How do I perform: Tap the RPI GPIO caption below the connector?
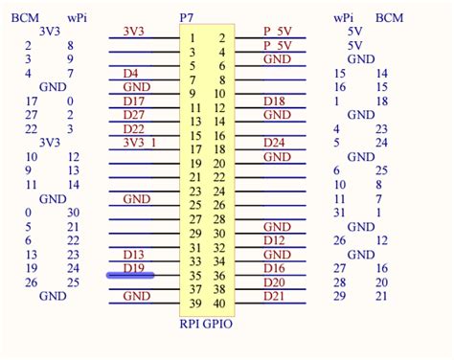206,324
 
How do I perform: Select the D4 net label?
132,73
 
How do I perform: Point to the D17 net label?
134,101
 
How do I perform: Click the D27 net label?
134,115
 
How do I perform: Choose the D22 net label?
134,129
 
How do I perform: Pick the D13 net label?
134,255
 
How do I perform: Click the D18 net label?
274,101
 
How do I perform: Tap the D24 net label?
274,143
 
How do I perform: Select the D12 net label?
274,240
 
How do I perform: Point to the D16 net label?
274,269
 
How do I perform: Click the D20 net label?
274,282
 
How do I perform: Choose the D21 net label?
274,297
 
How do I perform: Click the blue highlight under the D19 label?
129,276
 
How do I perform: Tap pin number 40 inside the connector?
219,304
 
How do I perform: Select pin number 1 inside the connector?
193,37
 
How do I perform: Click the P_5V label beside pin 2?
277,31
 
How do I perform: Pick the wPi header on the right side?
342,17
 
